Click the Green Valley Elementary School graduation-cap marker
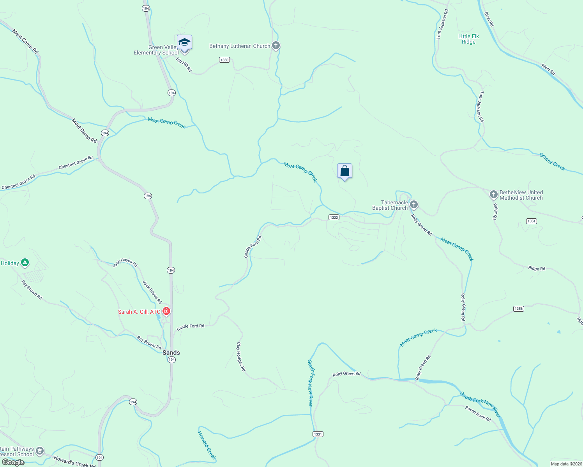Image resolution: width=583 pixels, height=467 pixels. [184, 42]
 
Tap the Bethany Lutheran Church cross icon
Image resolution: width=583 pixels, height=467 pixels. [276, 46]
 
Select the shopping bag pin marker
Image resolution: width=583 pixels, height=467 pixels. [344, 171]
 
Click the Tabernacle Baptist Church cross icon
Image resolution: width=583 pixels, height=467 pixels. [414, 204]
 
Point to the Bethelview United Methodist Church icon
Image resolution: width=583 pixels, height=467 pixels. [493, 194]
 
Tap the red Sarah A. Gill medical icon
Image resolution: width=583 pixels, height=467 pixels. [166, 311]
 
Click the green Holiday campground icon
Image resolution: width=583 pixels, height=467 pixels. [25, 263]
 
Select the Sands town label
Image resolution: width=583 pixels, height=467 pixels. [171, 353]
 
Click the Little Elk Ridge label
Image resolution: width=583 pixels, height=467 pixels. [468, 39]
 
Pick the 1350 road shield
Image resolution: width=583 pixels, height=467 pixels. [224, 60]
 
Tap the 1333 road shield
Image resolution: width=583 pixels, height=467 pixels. [334, 218]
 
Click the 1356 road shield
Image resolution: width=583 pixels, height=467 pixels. [518, 309]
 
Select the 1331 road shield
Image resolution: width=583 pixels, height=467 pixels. [318, 434]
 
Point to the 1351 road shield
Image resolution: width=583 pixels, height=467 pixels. [532, 221]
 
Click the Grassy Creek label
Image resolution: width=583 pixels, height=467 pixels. [552, 162]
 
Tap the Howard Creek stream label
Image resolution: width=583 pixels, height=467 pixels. [207, 445]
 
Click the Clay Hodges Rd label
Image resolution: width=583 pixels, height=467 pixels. [241, 356]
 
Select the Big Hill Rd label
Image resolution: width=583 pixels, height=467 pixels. [184, 65]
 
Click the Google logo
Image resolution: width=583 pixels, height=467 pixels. [13, 462]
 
